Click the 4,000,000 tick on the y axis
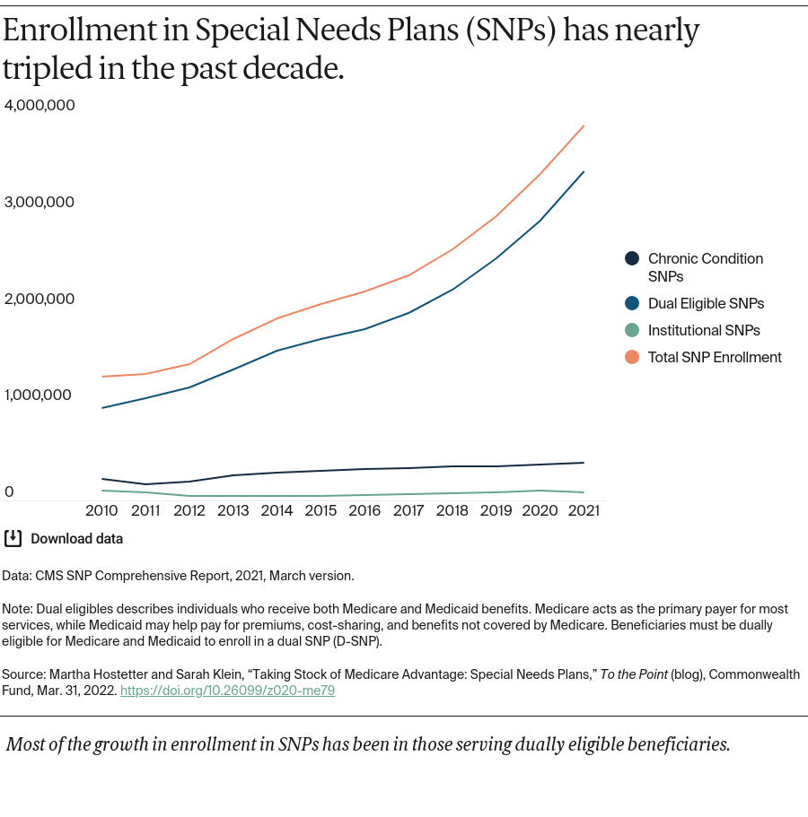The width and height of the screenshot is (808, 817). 40,105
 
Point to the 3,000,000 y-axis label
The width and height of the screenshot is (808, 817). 40,202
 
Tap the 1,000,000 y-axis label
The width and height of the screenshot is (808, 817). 40,395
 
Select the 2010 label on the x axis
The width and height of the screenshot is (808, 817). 102,510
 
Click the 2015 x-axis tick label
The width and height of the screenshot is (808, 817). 321,510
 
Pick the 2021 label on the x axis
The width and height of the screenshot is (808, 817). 584,510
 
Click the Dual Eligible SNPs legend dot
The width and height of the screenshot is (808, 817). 632,303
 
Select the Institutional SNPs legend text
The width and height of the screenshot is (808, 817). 704,330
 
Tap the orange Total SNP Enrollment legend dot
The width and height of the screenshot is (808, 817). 632,357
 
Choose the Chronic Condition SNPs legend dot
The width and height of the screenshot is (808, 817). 632,258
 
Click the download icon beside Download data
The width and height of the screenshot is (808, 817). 13,538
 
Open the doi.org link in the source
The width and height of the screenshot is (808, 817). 227,691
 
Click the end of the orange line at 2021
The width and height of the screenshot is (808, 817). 584,126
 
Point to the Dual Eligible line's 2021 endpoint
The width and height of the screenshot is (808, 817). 584,171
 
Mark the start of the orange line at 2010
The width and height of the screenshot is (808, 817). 102,377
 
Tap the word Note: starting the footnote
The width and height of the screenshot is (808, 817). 18,609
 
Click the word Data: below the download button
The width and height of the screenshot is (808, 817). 18,576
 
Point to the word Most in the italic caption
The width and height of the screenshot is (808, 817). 25,744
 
